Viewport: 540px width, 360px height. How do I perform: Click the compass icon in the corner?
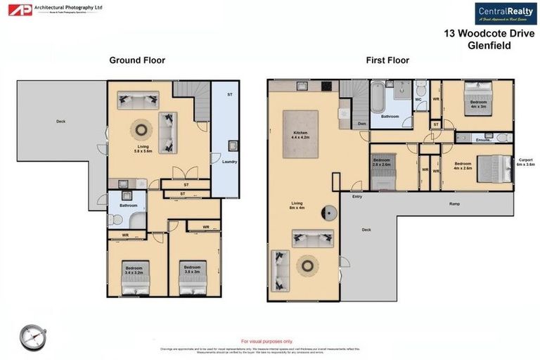tap(32, 335)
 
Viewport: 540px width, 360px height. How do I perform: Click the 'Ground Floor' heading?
tap(137, 60)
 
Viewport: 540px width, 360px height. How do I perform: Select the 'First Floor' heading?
tap(387, 60)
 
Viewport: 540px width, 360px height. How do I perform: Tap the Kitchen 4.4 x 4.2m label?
tap(300, 135)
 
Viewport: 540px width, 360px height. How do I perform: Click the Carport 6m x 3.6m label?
tap(526, 163)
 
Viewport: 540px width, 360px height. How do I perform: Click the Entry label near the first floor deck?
tap(356, 198)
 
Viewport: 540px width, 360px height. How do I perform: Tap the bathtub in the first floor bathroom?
tap(377, 98)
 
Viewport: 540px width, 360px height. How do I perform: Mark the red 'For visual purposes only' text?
tap(267, 340)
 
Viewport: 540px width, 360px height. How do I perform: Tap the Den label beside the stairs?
tap(361, 124)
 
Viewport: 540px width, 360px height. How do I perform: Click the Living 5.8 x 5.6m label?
tap(143, 147)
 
